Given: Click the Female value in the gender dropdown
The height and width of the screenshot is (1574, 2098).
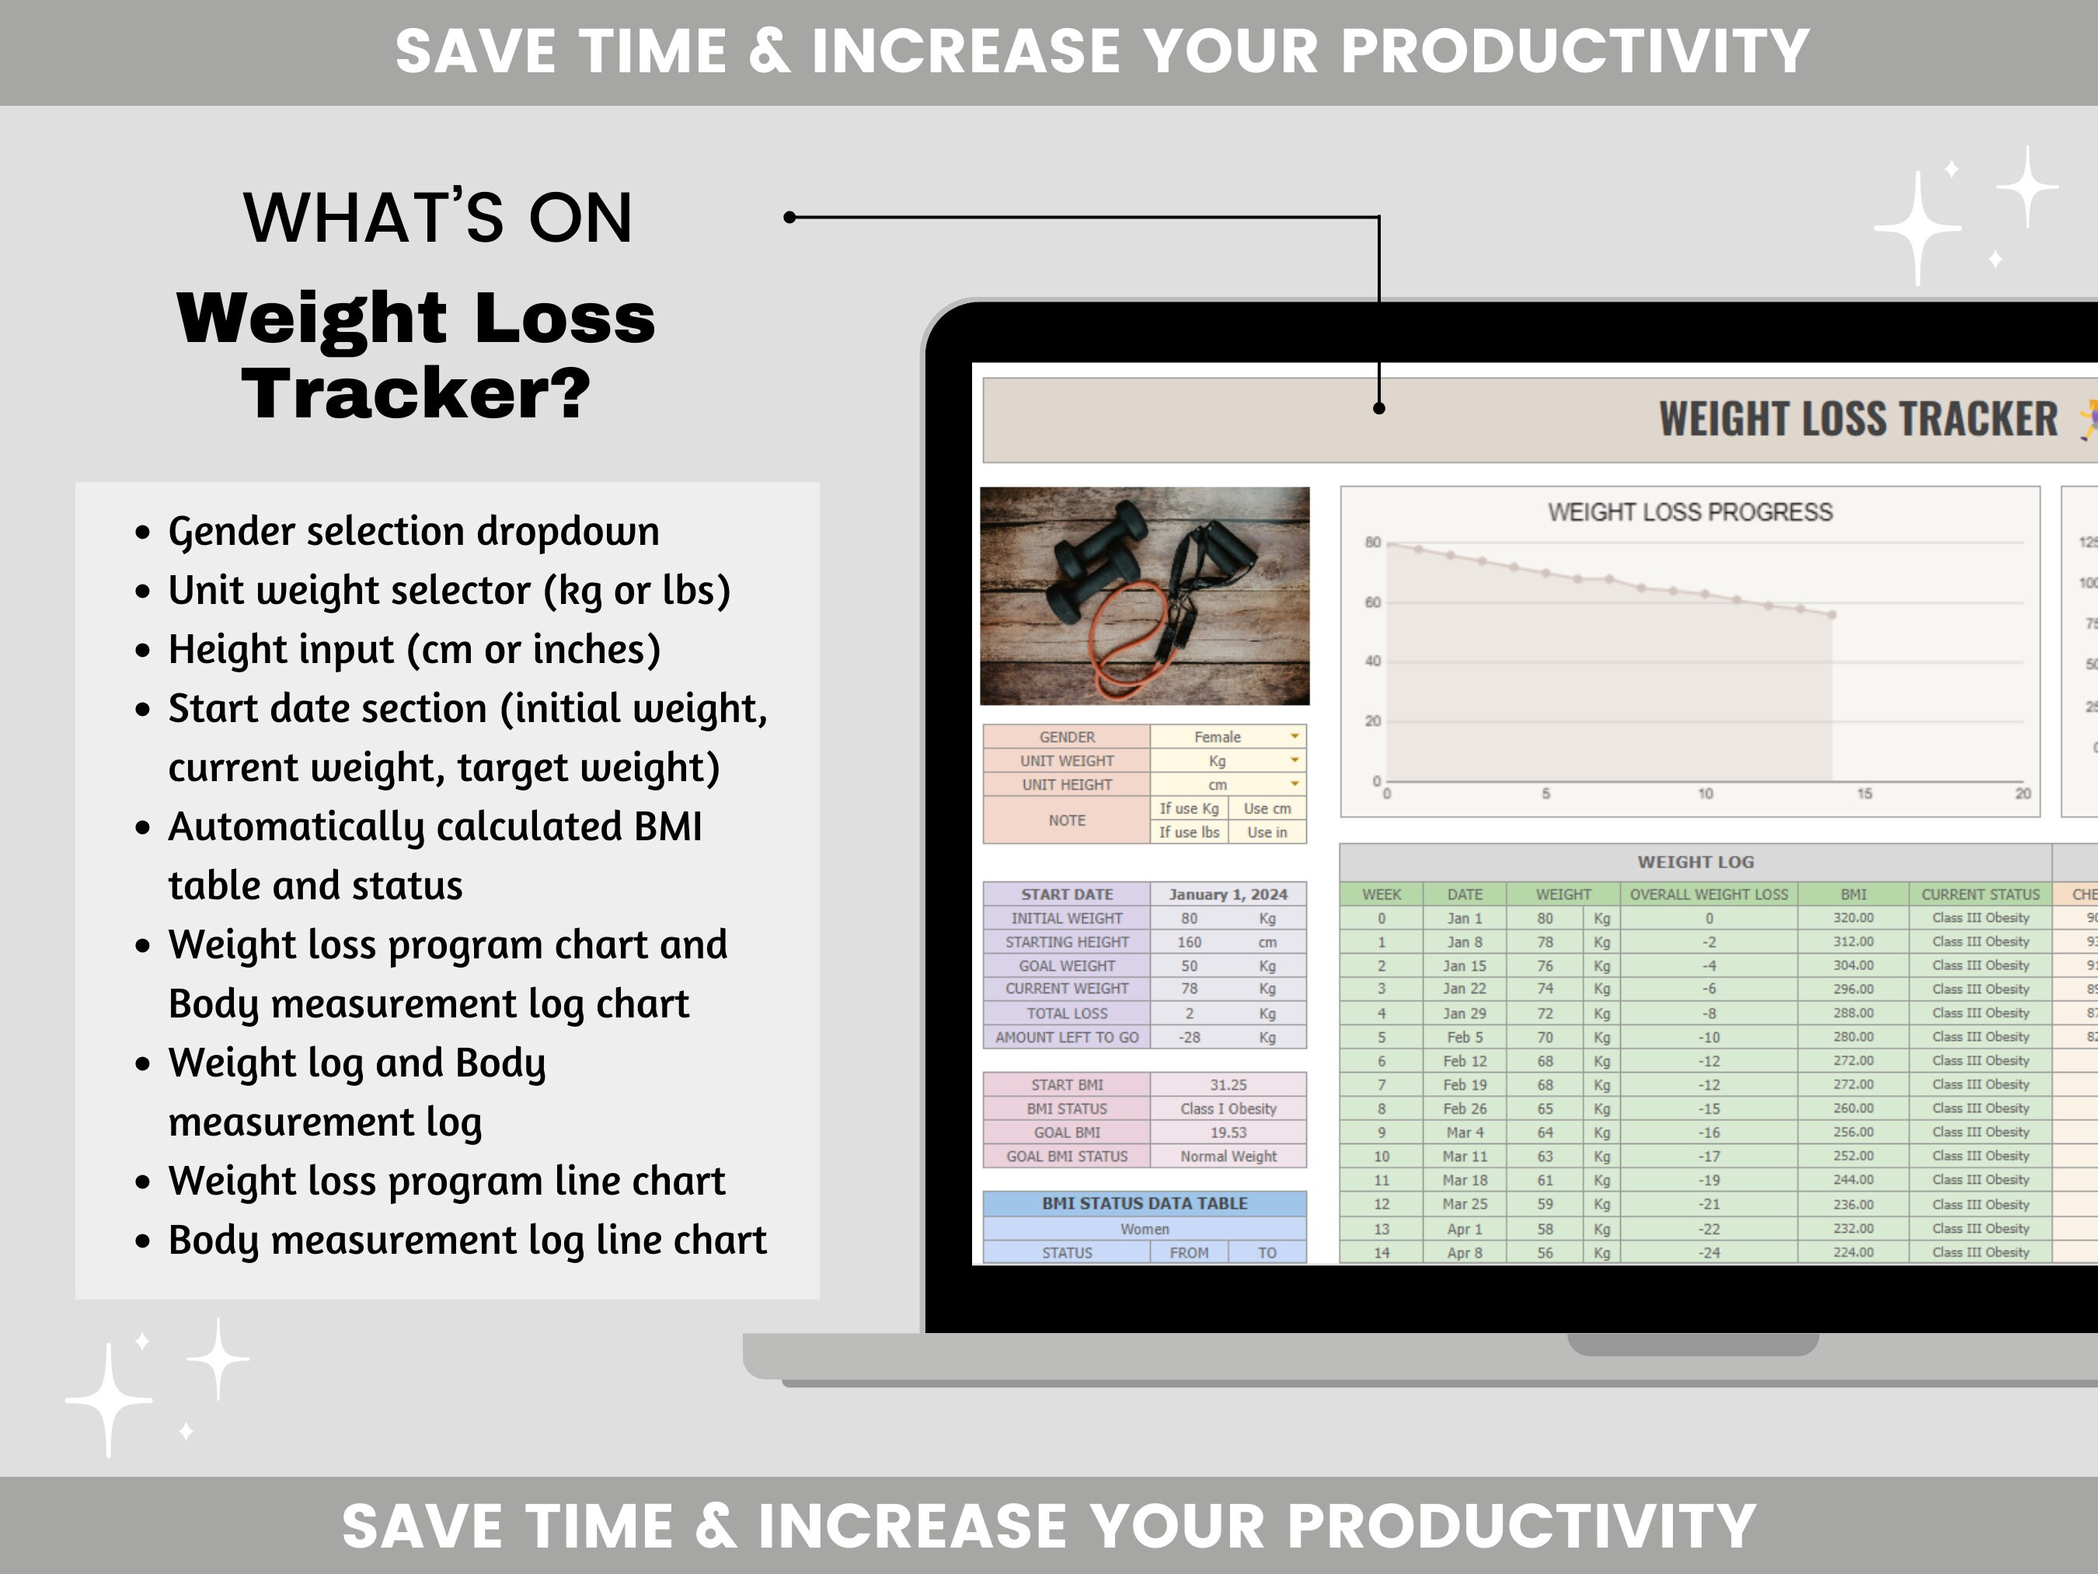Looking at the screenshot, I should click(1217, 737).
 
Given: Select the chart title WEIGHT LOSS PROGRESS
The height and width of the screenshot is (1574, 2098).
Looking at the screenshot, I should click(1689, 512).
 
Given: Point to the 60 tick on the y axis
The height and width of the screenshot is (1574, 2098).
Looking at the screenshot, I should click(1372, 602).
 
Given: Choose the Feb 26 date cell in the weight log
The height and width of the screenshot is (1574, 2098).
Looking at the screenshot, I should click(1465, 1108).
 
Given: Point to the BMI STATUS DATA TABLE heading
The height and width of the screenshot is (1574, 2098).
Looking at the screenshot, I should click(1144, 1203).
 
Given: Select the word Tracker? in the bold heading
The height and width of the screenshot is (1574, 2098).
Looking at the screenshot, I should click(416, 393).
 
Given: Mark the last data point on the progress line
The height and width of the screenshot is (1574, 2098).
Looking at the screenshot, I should click(1832, 615).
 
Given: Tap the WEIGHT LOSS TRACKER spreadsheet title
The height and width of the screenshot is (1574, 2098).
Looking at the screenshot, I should click(1857, 420).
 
